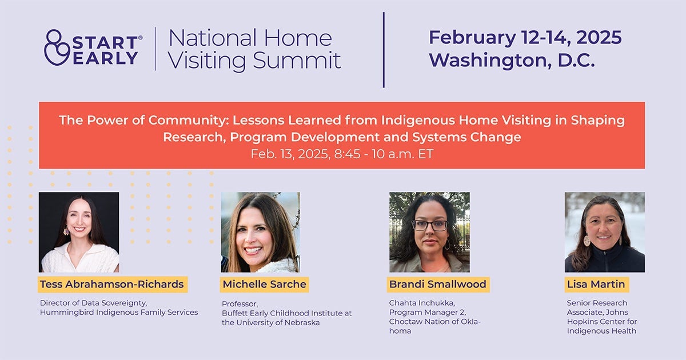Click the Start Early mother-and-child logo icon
tap(57, 47)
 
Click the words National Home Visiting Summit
tap(254, 49)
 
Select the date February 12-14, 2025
tap(525, 38)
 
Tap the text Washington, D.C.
tap(512, 60)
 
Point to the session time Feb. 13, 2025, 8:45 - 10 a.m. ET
tap(342, 154)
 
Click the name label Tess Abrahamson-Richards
tap(112, 284)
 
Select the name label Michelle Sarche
tap(264, 284)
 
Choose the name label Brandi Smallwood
tap(438, 284)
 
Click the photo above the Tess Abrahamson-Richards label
tap(79, 232)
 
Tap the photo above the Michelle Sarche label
tap(260, 232)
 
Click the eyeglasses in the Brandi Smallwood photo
tap(429, 225)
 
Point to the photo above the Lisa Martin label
tap(604, 232)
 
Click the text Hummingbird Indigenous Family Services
tap(119, 312)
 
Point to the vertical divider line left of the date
tap(383, 50)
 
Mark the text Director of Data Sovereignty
tap(89, 303)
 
